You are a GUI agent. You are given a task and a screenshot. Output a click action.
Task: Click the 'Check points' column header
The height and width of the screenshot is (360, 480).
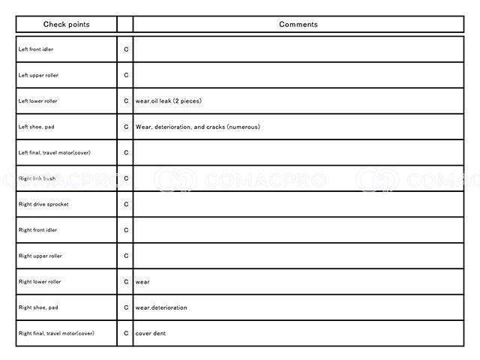[66, 24]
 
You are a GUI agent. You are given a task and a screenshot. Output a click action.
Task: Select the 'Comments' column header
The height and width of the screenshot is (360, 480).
[298, 24]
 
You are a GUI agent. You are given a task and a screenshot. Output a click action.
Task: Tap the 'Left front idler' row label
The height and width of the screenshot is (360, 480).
[36, 49]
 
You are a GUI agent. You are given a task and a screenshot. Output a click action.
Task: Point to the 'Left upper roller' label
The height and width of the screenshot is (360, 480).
[37, 75]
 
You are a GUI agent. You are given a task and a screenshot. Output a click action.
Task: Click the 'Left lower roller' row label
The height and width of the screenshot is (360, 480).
[37, 100]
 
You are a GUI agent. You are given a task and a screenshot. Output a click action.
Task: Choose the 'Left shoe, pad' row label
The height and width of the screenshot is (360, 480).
[34, 127]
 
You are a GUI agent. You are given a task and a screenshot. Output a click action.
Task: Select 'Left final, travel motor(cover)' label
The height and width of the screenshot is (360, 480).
[54, 152]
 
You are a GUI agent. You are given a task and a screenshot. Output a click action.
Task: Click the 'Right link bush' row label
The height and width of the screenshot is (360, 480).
[37, 178]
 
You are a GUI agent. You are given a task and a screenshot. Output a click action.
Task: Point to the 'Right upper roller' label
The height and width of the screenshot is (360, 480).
[40, 256]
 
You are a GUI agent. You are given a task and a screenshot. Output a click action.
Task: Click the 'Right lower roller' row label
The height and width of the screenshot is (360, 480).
[40, 282]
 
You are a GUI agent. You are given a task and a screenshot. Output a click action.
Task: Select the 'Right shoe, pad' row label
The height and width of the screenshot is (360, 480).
[36, 307]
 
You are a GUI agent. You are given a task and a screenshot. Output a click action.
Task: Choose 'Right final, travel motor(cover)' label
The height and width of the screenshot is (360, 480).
[56, 333]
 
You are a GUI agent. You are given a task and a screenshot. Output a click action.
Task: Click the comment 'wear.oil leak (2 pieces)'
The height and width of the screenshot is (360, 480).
[168, 100]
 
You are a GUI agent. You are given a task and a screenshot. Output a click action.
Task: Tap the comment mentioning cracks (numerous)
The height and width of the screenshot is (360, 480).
[197, 127]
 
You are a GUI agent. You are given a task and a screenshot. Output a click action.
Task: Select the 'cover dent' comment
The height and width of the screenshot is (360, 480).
[150, 333]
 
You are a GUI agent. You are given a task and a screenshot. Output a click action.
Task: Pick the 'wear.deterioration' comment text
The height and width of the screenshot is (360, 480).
[161, 307]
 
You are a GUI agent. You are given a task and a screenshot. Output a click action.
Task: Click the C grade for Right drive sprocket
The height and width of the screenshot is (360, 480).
[126, 204]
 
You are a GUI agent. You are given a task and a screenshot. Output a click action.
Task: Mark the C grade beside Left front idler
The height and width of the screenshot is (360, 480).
[126, 49]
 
